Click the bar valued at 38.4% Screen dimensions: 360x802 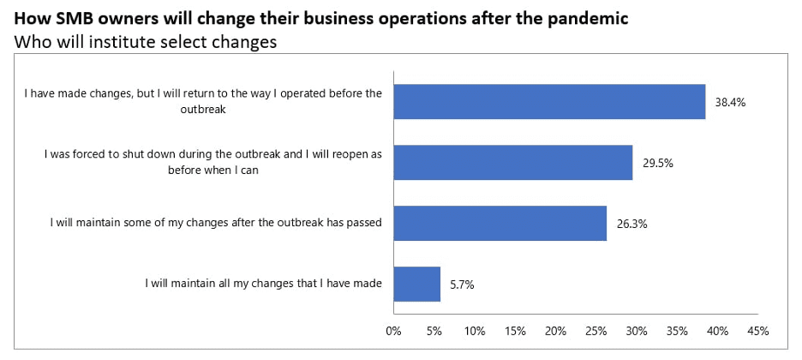click(x=549, y=101)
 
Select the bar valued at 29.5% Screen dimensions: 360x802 click(x=512, y=162)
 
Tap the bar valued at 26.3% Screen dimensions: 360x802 click(x=500, y=223)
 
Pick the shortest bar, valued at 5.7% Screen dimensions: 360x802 click(x=416, y=284)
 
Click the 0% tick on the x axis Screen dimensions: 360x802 click(x=393, y=330)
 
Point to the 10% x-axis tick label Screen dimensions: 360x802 click(x=475, y=330)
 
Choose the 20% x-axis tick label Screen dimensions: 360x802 click(x=555, y=330)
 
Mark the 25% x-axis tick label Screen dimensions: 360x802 click(x=596, y=330)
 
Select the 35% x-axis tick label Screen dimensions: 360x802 click(x=677, y=330)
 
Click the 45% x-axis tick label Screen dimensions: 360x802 click(x=757, y=330)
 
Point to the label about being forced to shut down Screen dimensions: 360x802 click(x=213, y=162)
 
